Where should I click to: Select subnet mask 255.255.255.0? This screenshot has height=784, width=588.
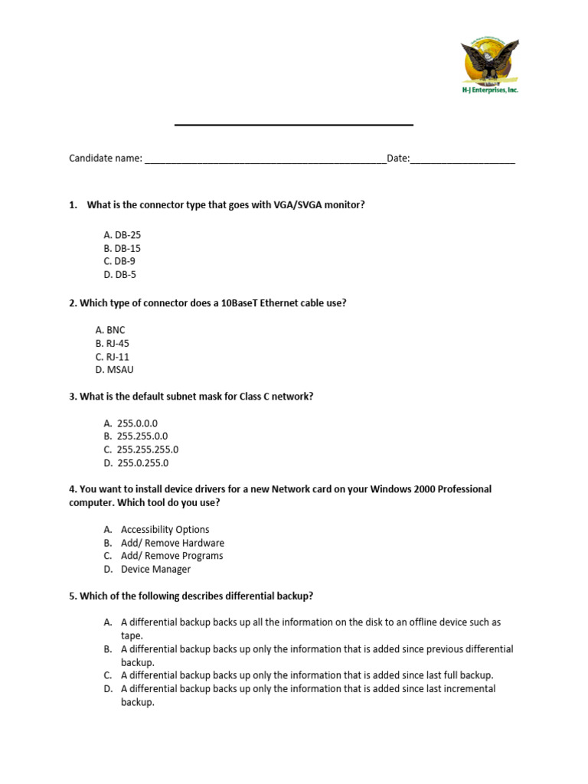coord(147,449)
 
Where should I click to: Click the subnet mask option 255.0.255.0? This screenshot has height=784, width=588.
coord(142,463)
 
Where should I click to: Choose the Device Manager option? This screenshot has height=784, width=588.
coord(155,569)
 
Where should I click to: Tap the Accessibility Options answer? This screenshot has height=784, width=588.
coord(165,529)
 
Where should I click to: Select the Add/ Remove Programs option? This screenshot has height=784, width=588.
coord(171,556)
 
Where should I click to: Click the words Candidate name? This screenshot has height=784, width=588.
coord(106,158)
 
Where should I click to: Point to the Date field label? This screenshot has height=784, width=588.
coord(397,158)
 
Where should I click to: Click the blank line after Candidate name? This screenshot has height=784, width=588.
coord(265,160)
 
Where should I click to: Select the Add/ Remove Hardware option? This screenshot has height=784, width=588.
coord(172,543)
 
